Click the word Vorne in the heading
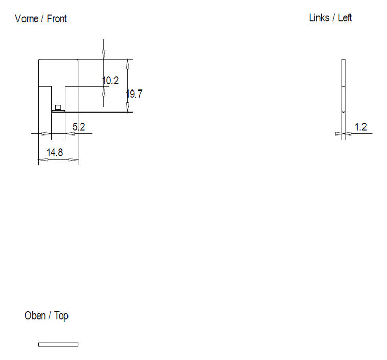(27, 19)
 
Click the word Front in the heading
(57, 19)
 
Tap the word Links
(319, 18)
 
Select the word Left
(345, 18)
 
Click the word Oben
(35, 316)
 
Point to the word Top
(61, 317)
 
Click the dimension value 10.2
(110, 81)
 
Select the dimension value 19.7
(134, 94)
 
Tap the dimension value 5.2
(79, 127)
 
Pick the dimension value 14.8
(55, 152)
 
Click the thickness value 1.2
(361, 127)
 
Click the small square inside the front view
(58, 107)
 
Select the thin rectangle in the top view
(58, 344)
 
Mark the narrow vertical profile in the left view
(344, 99)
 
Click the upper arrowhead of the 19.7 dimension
(128, 64)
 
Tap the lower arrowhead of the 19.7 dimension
(128, 107)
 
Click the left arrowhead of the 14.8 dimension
(43, 160)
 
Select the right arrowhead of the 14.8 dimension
(73, 160)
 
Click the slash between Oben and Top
(50, 316)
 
